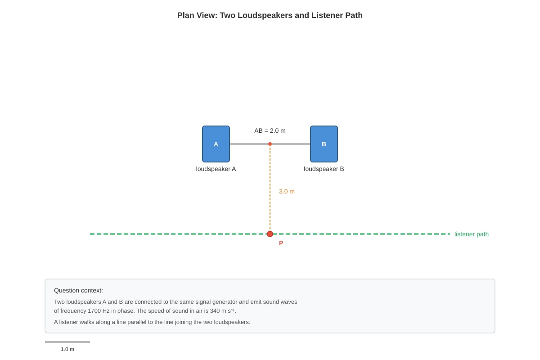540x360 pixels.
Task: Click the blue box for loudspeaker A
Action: [216, 144]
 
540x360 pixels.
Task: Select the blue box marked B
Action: [324, 144]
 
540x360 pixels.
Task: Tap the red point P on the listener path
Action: [270, 234]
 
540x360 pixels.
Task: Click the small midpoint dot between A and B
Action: [270, 144]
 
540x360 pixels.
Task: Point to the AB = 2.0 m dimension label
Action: [270, 130]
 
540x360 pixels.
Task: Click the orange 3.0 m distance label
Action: [287, 191]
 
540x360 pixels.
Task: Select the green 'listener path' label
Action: [471, 234]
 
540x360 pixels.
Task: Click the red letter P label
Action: [281, 243]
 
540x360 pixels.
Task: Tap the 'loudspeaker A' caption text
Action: [216, 169]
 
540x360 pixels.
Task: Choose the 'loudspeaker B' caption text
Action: [324, 169]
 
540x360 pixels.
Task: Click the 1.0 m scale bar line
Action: [67, 342]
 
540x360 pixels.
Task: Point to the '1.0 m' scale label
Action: [67, 349]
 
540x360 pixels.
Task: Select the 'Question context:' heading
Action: [78, 291]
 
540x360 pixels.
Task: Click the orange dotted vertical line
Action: [270, 187]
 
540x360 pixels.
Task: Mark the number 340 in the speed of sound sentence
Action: [215, 311]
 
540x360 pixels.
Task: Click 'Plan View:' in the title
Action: [197, 15]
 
